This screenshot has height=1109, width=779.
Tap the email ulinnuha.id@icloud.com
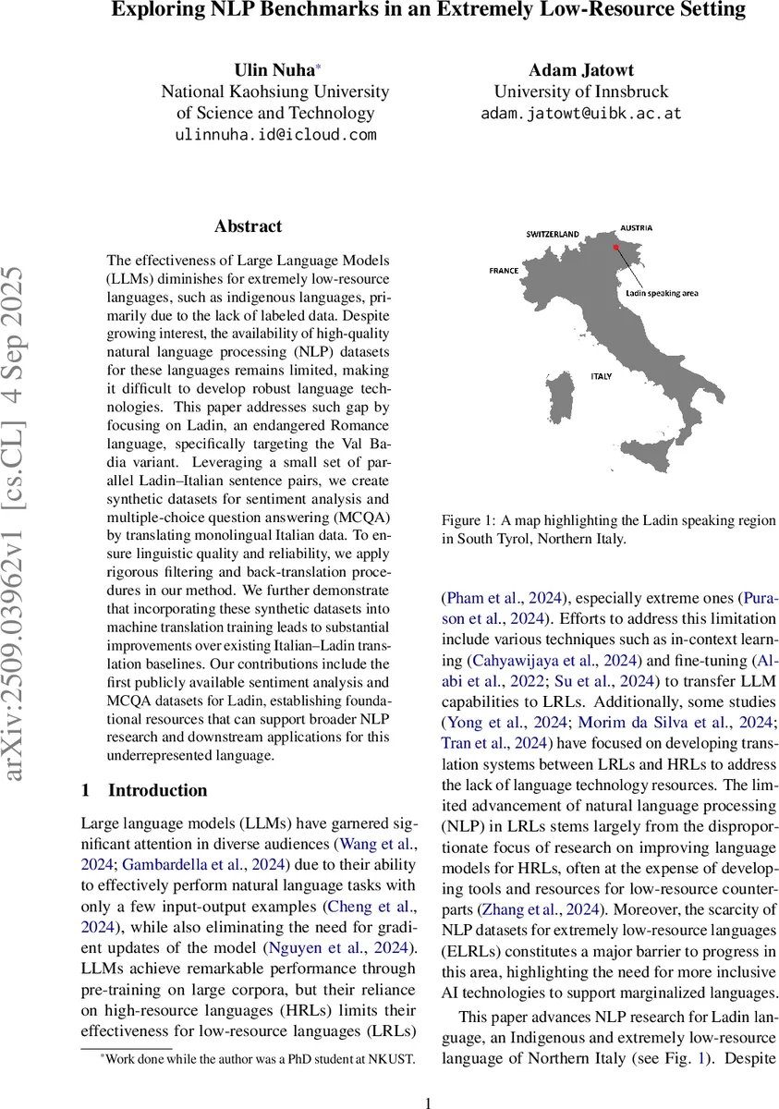275,135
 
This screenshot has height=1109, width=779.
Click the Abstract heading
248,226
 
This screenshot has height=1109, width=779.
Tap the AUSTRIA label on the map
636,227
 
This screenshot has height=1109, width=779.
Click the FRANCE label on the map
504,271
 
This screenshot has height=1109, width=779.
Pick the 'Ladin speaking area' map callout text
661,293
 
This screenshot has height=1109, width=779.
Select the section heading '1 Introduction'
144,790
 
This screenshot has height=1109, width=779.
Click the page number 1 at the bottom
428,1102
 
